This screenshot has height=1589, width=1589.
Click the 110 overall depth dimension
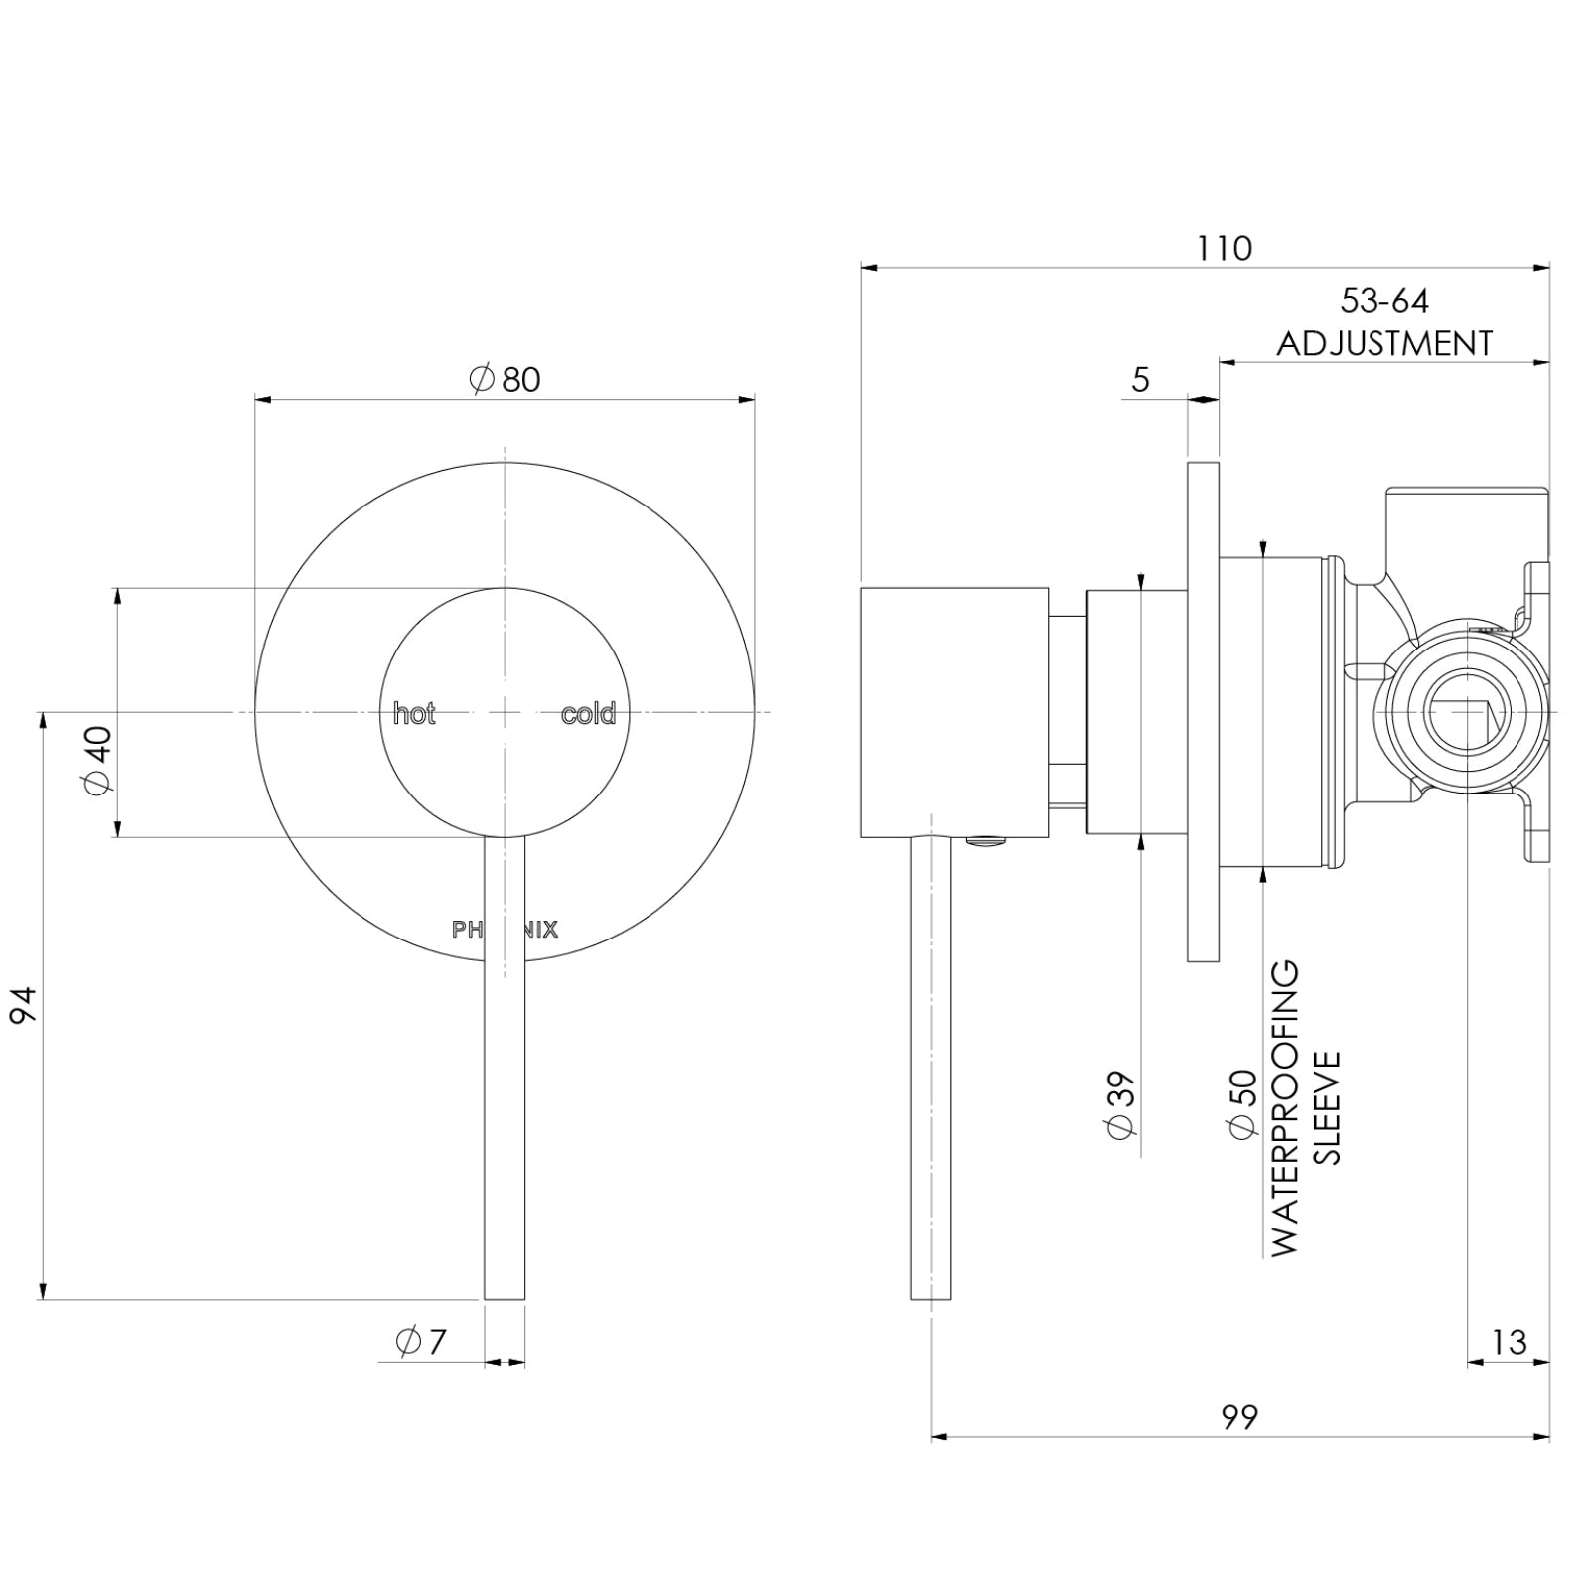(x=1224, y=248)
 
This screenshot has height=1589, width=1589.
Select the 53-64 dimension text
(x=1384, y=300)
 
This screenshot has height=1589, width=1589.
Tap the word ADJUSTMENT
(x=1384, y=344)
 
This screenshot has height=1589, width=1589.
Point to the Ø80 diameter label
(x=505, y=379)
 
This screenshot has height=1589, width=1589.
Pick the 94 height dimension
(x=23, y=1005)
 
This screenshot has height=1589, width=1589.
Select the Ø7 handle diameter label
(x=421, y=1342)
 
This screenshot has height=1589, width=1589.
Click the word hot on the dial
(x=414, y=714)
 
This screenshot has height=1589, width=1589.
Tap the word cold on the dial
(x=588, y=714)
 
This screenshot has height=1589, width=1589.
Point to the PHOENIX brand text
(x=505, y=930)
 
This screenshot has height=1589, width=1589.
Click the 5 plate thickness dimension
(x=1140, y=379)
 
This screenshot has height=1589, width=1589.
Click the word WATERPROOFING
(x=1284, y=1107)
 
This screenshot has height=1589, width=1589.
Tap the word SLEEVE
(x=1327, y=1107)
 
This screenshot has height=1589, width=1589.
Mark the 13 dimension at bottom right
(x=1508, y=1343)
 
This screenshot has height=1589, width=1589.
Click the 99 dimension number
(x=1239, y=1417)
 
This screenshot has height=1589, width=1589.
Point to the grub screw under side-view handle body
(x=984, y=842)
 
